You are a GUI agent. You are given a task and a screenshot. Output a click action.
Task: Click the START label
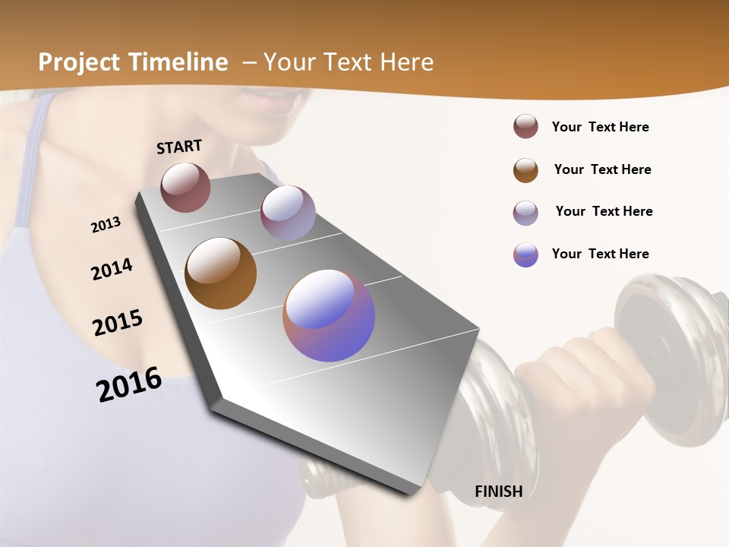[179, 147]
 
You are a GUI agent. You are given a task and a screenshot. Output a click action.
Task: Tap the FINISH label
[498, 492]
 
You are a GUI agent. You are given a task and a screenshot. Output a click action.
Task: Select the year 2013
[106, 225]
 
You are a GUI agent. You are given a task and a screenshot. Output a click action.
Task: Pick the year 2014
[112, 270]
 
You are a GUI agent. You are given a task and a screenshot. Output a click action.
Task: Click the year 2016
[129, 384]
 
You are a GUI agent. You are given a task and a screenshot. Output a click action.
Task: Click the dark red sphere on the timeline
[185, 187]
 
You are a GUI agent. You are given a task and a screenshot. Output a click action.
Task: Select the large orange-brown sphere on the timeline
[220, 273]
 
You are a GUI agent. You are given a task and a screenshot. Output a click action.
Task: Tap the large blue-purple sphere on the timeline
[329, 315]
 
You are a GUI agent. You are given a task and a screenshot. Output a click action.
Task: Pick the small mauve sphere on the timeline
[288, 213]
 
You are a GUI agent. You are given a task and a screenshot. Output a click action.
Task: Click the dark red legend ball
[525, 126]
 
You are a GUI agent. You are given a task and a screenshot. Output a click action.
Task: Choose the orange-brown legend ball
[525, 170]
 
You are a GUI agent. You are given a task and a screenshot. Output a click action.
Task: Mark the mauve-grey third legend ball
[525, 213]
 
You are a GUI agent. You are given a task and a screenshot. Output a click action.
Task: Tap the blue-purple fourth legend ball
[525, 255]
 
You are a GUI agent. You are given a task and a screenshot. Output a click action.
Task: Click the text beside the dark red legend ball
[600, 127]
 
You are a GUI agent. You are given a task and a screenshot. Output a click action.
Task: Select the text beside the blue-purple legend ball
[600, 254]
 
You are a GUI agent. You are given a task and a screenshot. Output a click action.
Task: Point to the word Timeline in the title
[179, 62]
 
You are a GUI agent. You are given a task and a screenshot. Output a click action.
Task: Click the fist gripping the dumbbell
[577, 380]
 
